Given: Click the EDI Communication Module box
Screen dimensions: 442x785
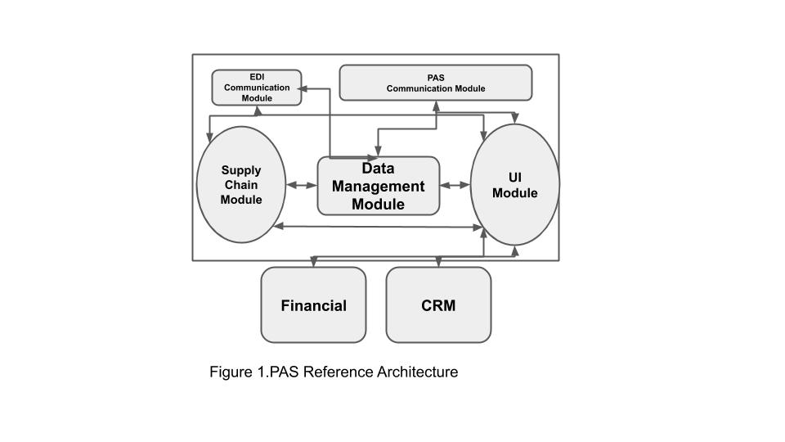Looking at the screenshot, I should [257, 88].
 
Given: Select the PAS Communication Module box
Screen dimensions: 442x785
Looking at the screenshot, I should [435, 83].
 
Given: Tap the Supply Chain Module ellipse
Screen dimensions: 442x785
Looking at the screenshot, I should [241, 185].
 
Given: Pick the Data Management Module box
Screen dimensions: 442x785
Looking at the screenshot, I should [379, 186].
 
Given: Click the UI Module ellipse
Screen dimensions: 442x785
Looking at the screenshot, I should [515, 185].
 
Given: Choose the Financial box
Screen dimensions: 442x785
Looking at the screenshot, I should [313, 305].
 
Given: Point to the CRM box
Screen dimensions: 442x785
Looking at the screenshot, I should [438, 305].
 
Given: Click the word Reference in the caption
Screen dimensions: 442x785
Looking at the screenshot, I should [338, 372].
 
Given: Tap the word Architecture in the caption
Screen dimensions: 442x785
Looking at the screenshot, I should [417, 372].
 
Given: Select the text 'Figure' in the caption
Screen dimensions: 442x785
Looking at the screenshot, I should [229, 372].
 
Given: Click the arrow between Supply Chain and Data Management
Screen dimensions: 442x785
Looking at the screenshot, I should [302, 186].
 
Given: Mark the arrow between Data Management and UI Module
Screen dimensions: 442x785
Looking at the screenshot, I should [455, 186].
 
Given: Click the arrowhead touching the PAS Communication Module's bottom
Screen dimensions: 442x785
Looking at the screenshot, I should [436, 104].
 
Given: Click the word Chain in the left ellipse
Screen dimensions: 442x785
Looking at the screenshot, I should [241, 185].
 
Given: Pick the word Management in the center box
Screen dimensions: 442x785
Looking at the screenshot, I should [379, 186].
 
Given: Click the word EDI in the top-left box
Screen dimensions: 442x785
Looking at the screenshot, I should [257, 77].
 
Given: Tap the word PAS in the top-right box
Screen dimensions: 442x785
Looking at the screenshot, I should [436, 78].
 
